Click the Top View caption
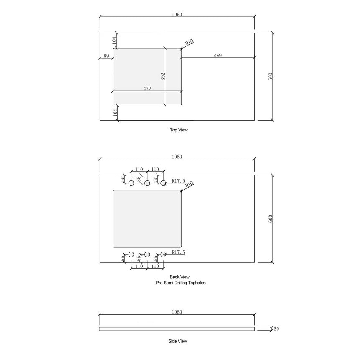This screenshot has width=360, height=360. pos(179,130)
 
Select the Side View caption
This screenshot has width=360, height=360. pos(177,341)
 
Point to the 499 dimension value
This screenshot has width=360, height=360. pos(218,55)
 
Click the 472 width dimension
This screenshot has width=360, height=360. pos(147,89)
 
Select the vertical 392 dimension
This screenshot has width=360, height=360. pos(163,76)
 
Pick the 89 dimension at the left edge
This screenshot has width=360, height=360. pos(106,55)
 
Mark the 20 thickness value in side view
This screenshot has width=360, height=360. pos(276,329)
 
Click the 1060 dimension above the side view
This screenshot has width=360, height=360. pos(177,312)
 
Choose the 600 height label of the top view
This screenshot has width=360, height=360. pos(270,77)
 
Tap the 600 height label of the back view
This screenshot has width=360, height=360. pos(270,219)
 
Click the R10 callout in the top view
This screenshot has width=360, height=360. pos(189,42)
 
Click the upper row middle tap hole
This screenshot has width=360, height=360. pos(147,183)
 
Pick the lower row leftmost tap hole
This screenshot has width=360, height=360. pos(131,254)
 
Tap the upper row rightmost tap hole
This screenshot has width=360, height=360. pos(163,183)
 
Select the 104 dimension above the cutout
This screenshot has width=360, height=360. pos(114,40)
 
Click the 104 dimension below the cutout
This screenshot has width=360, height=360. pos(114,113)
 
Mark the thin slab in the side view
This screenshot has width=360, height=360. pos(177,329)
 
